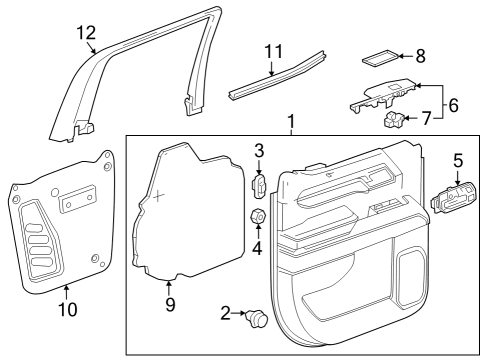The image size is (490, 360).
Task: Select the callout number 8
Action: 420,57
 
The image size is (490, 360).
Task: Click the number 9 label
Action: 169,304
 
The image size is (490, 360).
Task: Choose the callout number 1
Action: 291,124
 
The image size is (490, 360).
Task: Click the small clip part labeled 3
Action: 257,186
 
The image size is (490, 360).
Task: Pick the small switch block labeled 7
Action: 394,122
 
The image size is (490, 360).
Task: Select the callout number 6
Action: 452,104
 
